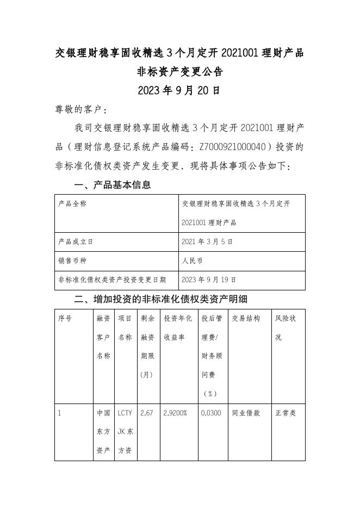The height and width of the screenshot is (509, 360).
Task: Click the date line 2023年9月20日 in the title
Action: pos(179,90)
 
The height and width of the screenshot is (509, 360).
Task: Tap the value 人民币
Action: pos(193,261)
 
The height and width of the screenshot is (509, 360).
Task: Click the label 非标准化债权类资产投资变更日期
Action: pos(111,280)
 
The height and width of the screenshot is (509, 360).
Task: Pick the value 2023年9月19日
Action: pos(209,280)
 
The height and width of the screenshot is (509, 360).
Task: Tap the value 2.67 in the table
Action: pos(147,413)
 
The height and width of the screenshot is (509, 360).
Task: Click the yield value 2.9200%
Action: pos(176,413)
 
